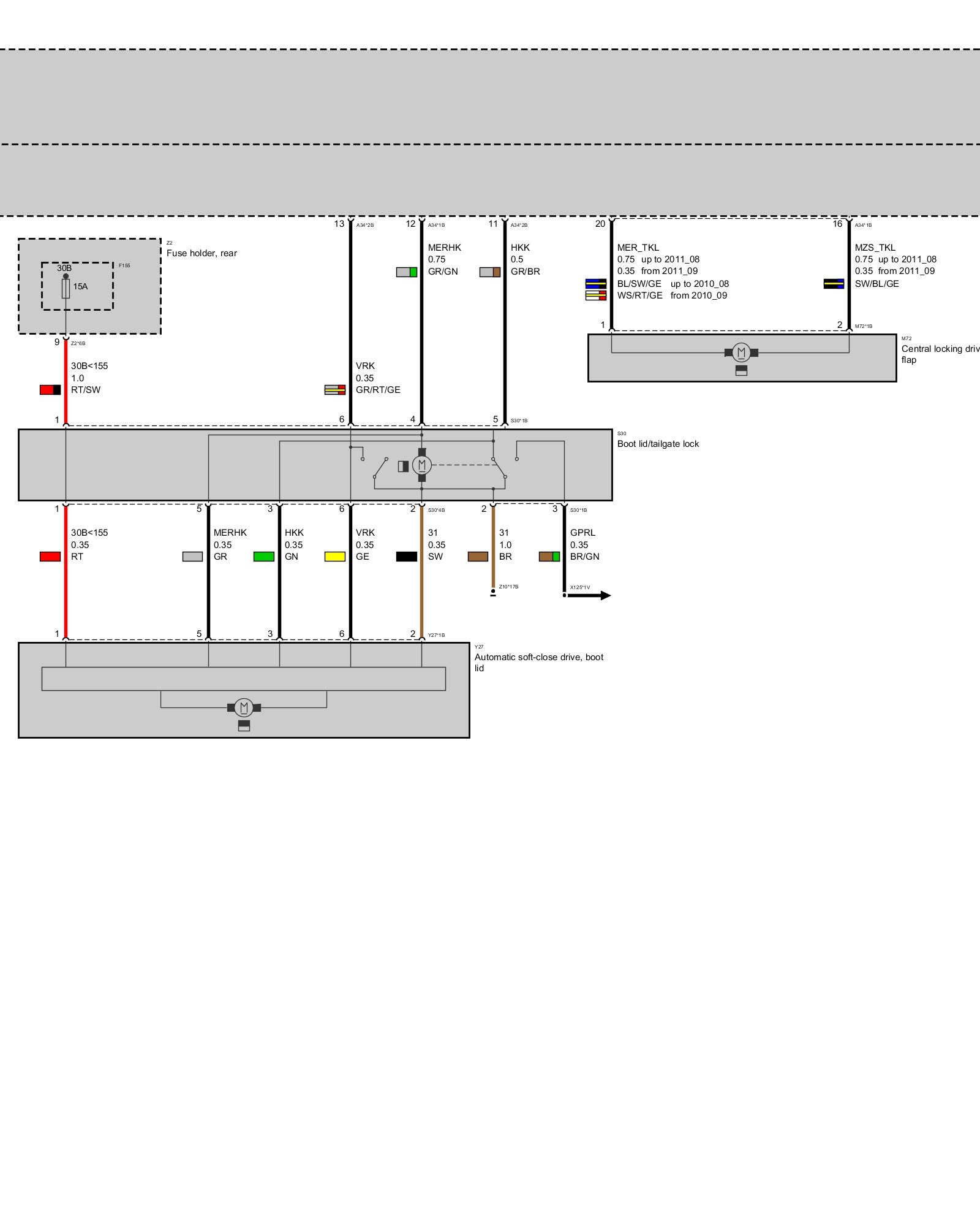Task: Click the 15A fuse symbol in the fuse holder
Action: (66, 288)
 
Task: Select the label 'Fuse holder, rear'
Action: (202, 253)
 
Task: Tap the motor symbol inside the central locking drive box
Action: (741, 352)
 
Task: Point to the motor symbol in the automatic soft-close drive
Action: (244, 707)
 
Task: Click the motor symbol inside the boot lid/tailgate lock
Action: (421, 465)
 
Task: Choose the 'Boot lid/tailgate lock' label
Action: (658, 444)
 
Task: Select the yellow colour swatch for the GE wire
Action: (334, 557)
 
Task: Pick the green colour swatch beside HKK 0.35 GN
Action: (263, 557)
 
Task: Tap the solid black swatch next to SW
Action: (406, 557)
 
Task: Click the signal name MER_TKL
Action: (638, 248)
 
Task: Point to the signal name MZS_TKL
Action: (875, 248)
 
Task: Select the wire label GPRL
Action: (582, 533)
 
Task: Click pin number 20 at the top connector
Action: (600, 224)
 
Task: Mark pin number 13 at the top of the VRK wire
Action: (339, 224)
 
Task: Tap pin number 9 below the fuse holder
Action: (57, 342)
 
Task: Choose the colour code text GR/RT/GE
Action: (378, 390)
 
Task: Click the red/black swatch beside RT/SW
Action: (50, 390)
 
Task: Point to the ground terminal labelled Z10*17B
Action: (493, 593)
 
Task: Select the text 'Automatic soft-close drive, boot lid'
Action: (538, 662)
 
